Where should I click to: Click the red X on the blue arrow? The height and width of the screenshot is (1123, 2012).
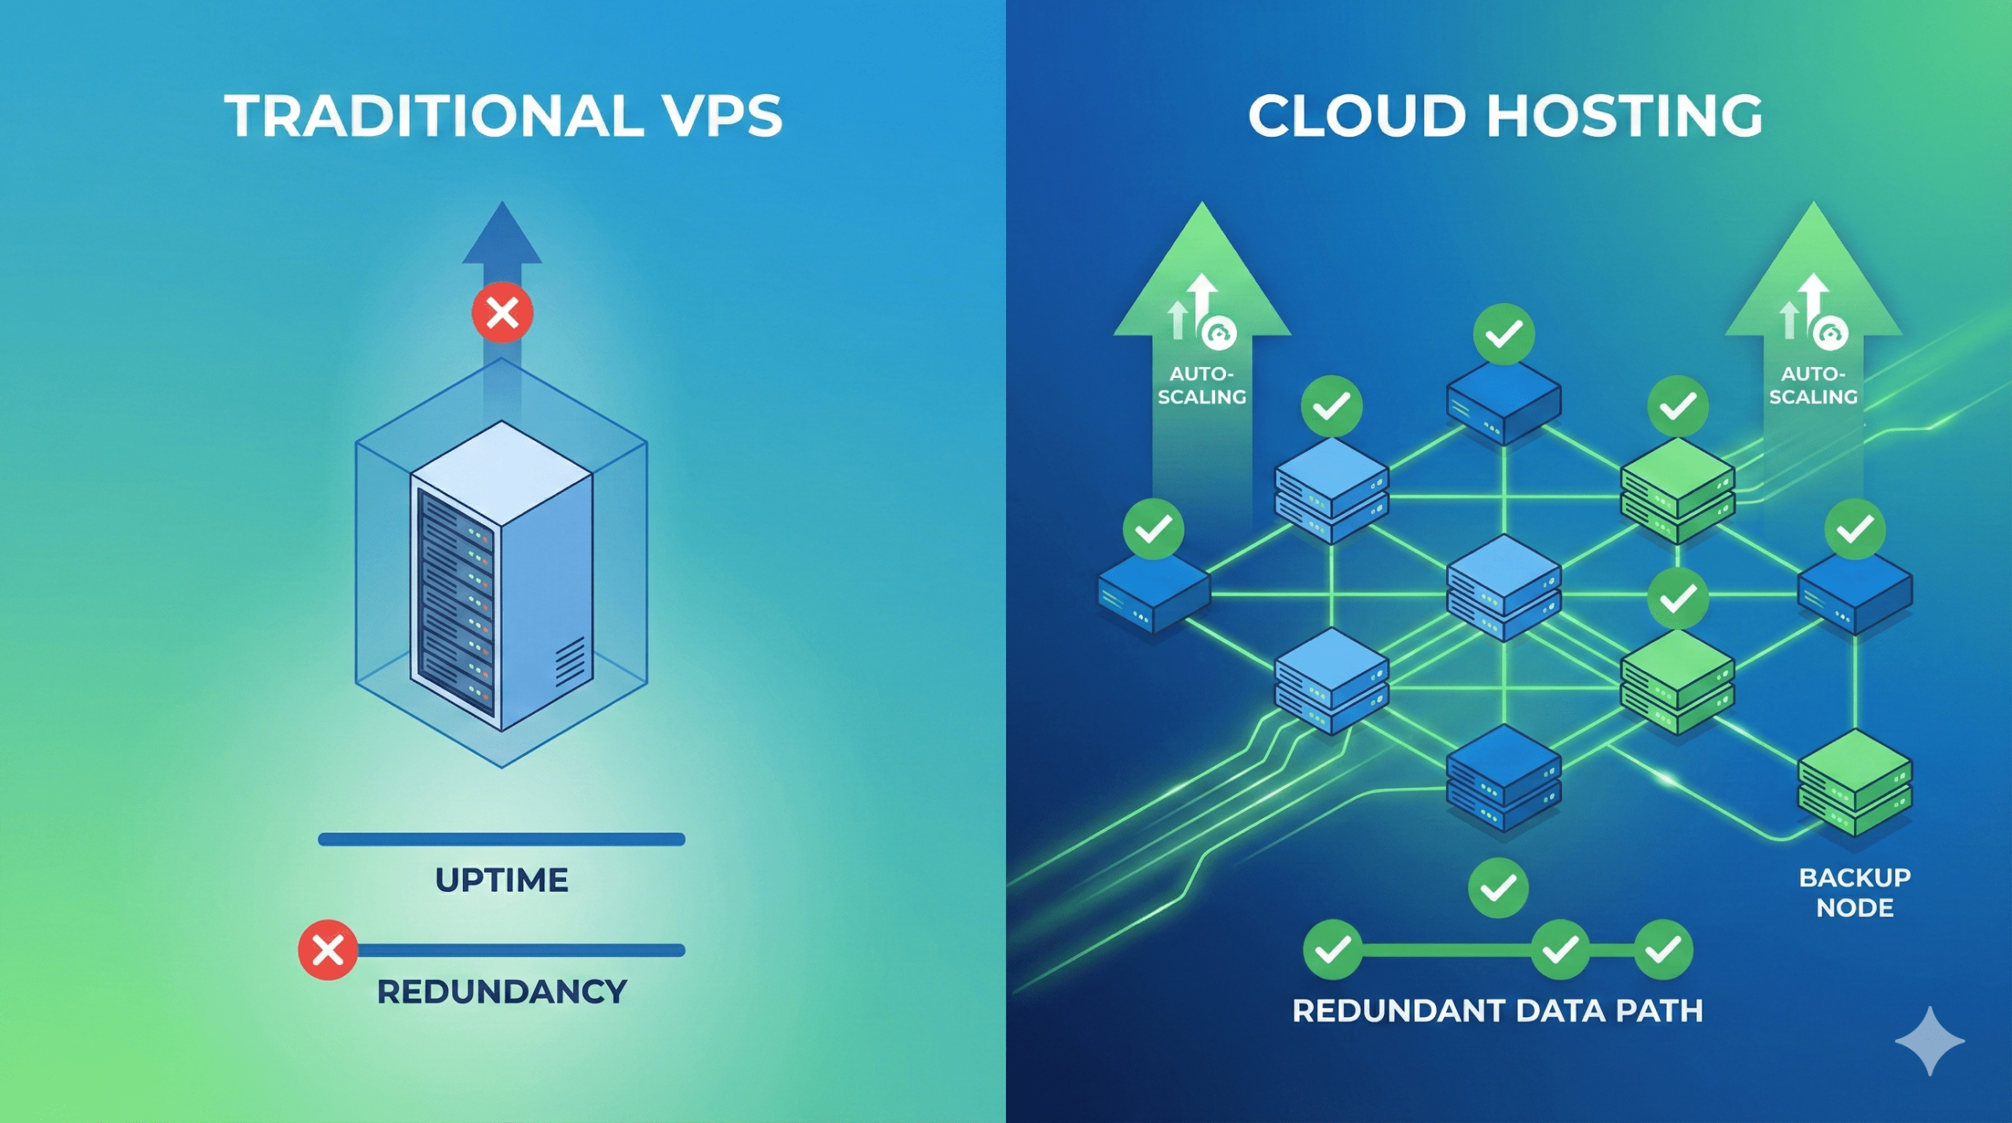[x=502, y=313]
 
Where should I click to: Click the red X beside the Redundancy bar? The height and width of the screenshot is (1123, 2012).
[x=328, y=950]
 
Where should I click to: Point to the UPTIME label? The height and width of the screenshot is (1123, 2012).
[x=501, y=880]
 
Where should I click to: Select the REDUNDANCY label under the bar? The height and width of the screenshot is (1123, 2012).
[x=501, y=992]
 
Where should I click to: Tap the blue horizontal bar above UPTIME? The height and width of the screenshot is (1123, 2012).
[x=501, y=839]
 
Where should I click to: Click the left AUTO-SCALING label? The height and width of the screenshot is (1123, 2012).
[x=1202, y=385]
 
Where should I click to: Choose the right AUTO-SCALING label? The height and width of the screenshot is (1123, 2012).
[x=1813, y=385]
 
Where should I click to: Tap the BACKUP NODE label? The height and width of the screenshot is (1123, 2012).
[x=1855, y=892]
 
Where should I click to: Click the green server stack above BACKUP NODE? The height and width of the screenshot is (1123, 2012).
[x=1855, y=782]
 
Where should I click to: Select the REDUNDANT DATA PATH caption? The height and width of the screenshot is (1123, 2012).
[x=1497, y=1011]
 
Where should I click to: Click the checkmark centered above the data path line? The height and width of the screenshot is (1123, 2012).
[x=1498, y=888]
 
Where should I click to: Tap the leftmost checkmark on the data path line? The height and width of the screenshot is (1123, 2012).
[x=1332, y=950]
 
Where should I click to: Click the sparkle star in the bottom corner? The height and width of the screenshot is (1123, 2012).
[x=1929, y=1040]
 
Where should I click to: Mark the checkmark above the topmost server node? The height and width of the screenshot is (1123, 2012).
[x=1503, y=335]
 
